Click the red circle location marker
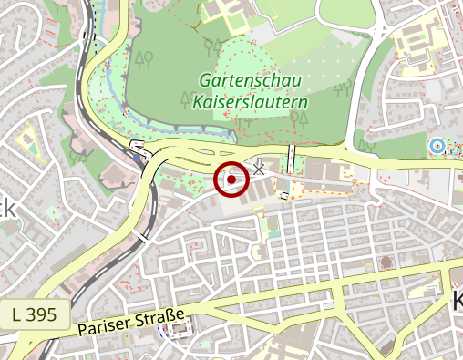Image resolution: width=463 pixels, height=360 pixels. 232,180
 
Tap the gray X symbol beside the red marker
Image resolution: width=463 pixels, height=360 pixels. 259,168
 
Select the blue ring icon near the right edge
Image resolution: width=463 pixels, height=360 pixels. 437,144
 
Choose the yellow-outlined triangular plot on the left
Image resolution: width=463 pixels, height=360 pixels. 28,142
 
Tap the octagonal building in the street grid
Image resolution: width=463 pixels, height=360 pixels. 387,262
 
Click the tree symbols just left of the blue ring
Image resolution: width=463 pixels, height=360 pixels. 367,146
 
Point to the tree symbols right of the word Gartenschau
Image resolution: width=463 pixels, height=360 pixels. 343,88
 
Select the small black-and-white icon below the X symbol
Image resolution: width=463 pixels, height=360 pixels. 284,195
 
